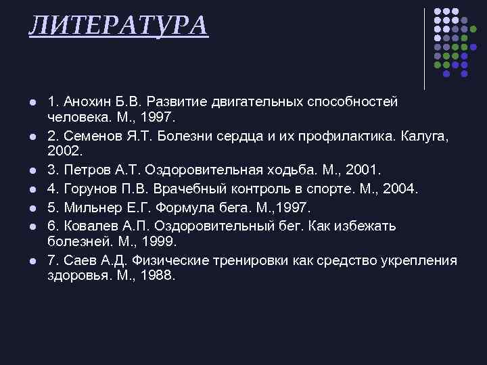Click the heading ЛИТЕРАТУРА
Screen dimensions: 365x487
coord(118,25)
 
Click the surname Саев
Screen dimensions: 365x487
coord(80,260)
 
